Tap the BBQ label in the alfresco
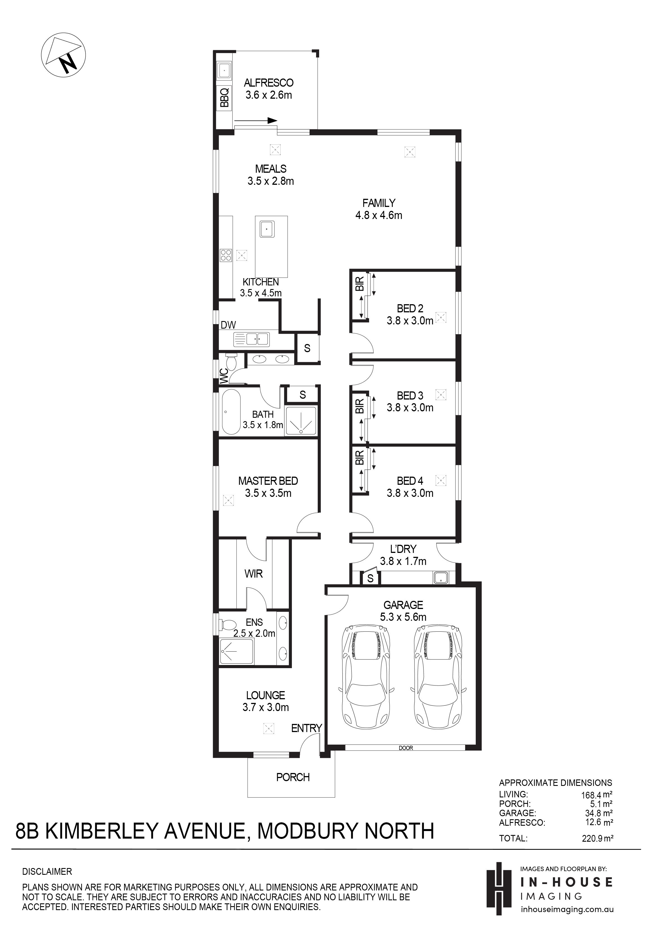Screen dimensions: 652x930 click(224, 98)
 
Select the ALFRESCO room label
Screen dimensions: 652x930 click(268, 83)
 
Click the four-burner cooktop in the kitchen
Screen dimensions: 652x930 click(225, 255)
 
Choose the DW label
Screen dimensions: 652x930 click(228, 325)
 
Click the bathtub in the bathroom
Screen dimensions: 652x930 click(231, 412)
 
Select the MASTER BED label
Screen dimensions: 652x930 click(268, 481)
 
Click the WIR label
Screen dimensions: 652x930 click(253, 574)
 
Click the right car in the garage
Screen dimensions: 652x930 click(438, 677)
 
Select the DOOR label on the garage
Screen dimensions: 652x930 click(406, 748)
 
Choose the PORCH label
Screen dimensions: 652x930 click(293, 777)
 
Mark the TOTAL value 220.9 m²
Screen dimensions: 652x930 click(597, 838)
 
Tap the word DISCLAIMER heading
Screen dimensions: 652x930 click(47, 872)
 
